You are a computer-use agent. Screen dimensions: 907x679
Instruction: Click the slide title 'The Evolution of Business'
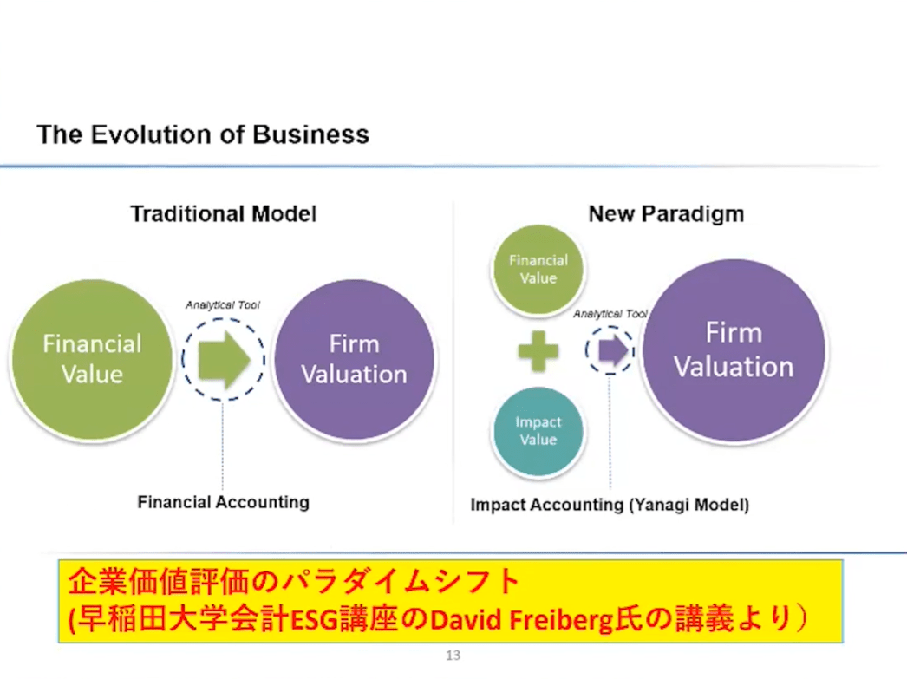pos(203,134)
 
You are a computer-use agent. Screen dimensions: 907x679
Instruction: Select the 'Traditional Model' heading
pos(223,214)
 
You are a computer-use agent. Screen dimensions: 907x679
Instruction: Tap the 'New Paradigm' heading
pos(666,214)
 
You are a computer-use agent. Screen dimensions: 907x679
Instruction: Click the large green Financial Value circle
pos(92,359)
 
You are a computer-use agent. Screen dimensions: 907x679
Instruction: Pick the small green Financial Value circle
pos(538,270)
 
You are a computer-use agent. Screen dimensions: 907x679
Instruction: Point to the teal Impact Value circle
pos(538,432)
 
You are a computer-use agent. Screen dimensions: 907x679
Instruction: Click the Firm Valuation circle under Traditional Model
pos(354,359)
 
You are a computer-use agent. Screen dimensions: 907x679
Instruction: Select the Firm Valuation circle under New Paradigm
pos(734,350)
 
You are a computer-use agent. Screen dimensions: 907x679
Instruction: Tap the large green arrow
pos(224,359)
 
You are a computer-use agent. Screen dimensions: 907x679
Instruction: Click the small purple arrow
pos(613,350)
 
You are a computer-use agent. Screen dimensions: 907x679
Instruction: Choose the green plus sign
pos(538,350)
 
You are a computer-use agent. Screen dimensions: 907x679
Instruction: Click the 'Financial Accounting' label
pos(223,502)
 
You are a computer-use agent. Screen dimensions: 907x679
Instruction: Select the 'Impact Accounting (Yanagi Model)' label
pos(610,505)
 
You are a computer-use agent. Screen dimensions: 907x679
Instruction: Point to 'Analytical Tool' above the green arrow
pos(223,304)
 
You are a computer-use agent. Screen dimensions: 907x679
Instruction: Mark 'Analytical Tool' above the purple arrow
pos(610,314)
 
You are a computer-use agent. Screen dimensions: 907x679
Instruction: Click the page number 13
pos(453,656)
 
